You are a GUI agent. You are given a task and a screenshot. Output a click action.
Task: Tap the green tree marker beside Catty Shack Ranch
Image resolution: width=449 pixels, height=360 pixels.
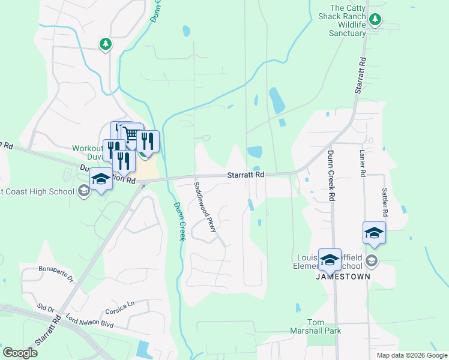coord(375,20)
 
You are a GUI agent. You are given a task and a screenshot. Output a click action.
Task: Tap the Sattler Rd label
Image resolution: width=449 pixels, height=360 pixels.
coord(385,202)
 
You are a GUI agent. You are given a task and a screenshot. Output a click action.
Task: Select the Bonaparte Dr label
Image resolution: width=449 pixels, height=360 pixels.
coord(55,274)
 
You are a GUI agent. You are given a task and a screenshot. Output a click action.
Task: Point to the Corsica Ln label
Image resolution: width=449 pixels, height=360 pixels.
coord(118,307)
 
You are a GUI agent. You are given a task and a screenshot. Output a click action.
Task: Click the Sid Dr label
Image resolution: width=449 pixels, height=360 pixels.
coord(46,309)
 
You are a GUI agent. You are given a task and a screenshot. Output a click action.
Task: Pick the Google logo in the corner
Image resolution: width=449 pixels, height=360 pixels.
coord(20,352)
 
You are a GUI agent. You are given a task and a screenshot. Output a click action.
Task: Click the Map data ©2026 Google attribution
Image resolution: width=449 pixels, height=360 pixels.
coord(412,355)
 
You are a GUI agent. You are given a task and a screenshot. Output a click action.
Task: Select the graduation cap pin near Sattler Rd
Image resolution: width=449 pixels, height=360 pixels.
coord(374,232)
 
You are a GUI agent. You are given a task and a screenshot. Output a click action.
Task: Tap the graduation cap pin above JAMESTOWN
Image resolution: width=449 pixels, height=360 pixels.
coord(330,259)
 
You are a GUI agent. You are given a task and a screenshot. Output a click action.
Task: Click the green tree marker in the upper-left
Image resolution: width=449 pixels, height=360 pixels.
coord(106,44)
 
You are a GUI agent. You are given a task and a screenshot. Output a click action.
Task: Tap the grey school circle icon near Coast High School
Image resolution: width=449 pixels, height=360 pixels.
coord(85,191)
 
